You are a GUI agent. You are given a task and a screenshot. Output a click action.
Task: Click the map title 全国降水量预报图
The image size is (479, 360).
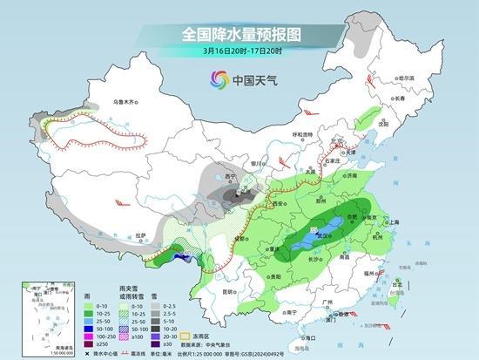coord(239,35)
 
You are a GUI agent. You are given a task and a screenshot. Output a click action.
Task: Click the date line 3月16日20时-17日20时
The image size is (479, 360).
coord(239,51)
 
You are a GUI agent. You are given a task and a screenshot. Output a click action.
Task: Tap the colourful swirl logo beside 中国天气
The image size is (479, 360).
coord(216,79)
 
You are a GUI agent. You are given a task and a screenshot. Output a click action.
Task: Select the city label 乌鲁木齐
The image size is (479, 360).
coord(125,102)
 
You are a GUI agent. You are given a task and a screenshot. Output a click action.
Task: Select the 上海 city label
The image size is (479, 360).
coord(393,222)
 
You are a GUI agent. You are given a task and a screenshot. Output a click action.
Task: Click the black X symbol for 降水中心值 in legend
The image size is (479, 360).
coord(89,353)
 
